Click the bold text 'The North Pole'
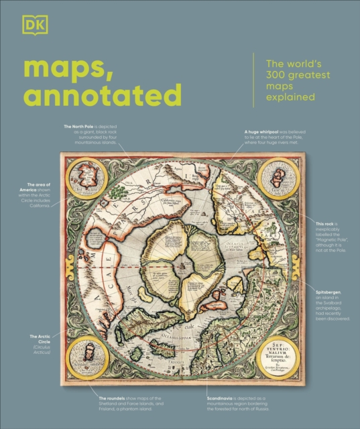[80, 126]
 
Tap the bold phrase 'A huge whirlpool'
[258, 132]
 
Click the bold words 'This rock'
[326, 221]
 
